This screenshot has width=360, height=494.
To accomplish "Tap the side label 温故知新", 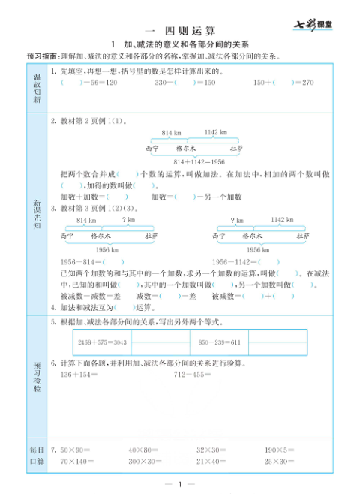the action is (x=36, y=88).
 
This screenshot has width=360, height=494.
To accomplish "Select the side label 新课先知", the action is (x=36, y=215).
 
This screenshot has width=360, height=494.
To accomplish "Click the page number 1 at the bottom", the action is (x=180, y=483).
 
